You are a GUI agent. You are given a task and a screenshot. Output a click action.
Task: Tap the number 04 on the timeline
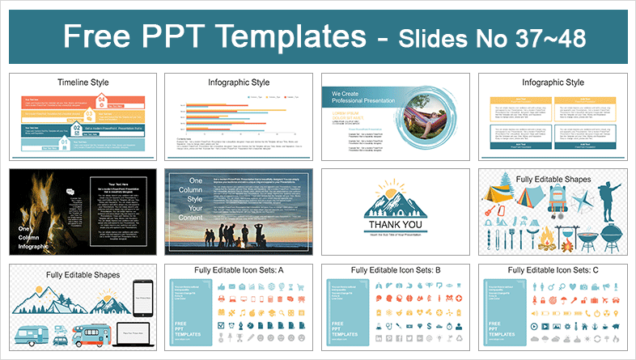click(102, 100)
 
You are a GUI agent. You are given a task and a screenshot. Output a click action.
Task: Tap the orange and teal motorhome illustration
click(91, 332)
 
